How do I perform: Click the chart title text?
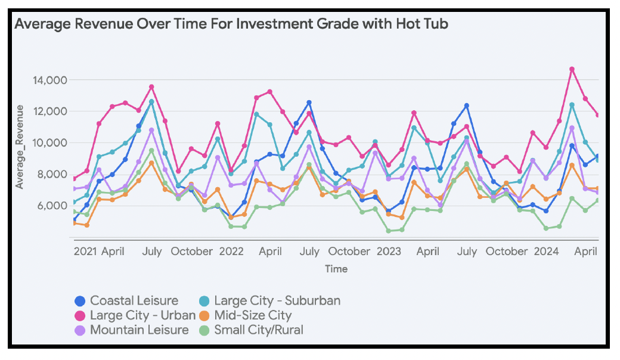[x=231, y=24]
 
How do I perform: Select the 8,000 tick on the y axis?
[x=49, y=175]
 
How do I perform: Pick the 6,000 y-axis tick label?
[x=49, y=206]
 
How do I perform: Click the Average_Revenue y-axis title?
[x=20, y=147]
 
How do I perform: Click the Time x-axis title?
[x=336, y=269]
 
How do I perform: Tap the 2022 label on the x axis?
[x=231, y=252]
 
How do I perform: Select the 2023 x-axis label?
[x=389, y=252]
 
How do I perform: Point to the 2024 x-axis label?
[x=547, y=252]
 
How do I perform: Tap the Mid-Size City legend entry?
[x=253, y=315]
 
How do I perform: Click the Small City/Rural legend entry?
[x=259, y=330]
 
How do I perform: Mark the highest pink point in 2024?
[x=572, y=69]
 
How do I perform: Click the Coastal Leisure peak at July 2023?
[x=467, y=105]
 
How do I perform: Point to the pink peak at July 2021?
[x=151, y=87]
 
